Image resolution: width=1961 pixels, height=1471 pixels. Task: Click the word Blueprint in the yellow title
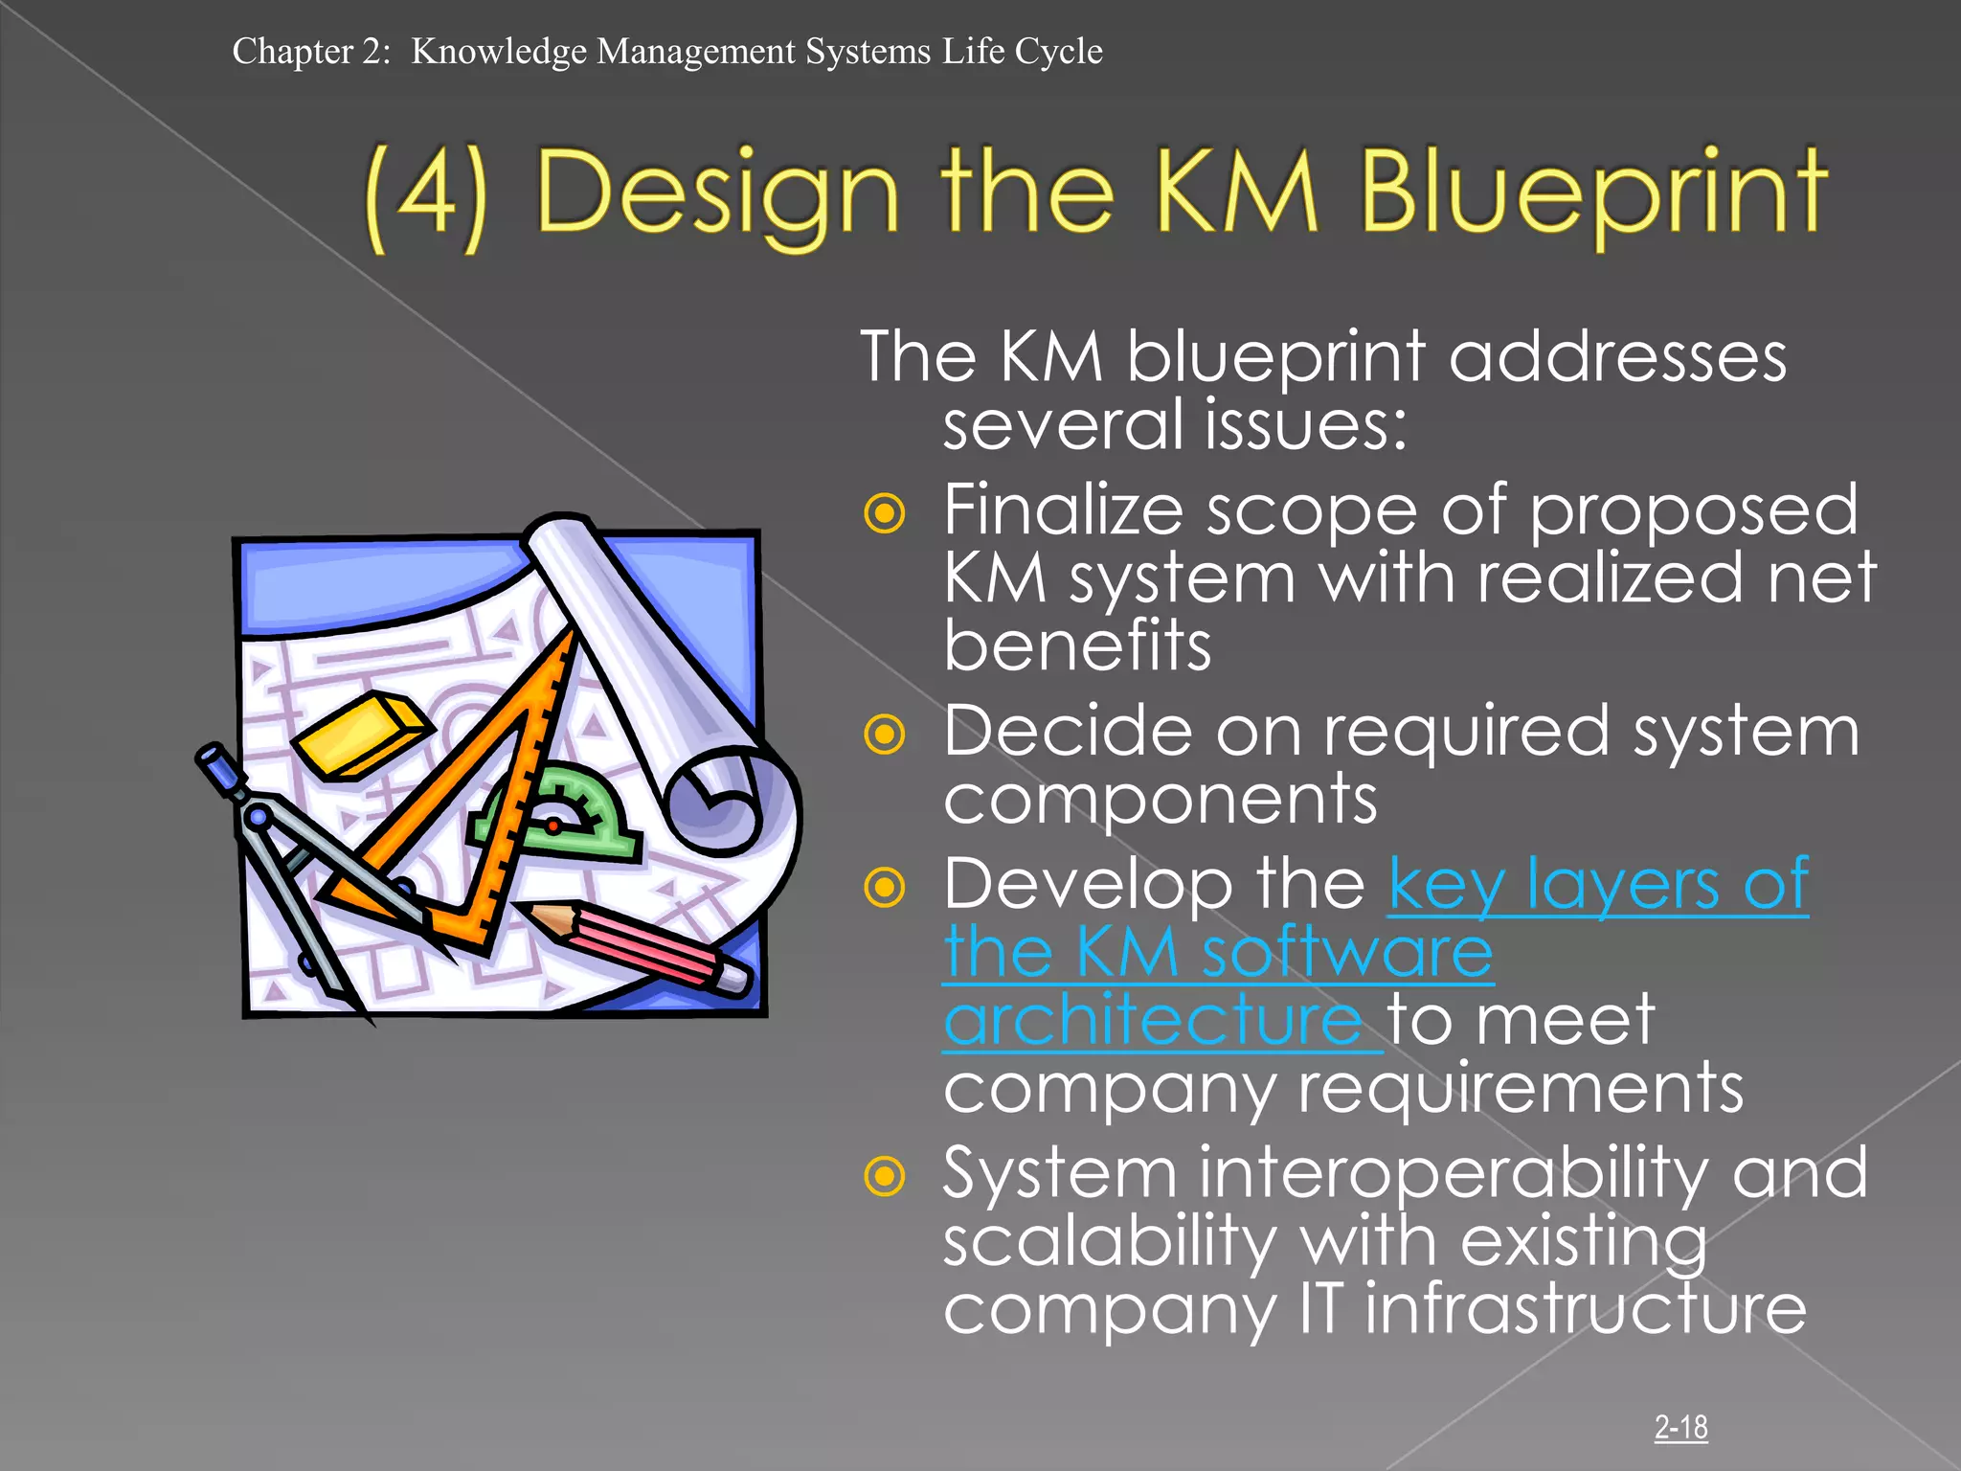(x=1593, y=194)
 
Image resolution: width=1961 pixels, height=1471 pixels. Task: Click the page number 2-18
(x=1680, y=1428)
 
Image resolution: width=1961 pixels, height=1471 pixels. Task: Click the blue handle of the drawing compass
(x=221, y=772)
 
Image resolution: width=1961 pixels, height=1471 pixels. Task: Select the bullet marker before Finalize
(x=884, y=513)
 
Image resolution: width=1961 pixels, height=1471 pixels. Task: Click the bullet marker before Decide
(x=884, y=735)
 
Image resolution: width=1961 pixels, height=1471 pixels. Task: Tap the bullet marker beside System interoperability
(x=884, y=1176)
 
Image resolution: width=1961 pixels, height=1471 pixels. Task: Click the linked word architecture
(x=1153, y=1021)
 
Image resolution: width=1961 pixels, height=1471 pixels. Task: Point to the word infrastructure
(x=1585, y=1310)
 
